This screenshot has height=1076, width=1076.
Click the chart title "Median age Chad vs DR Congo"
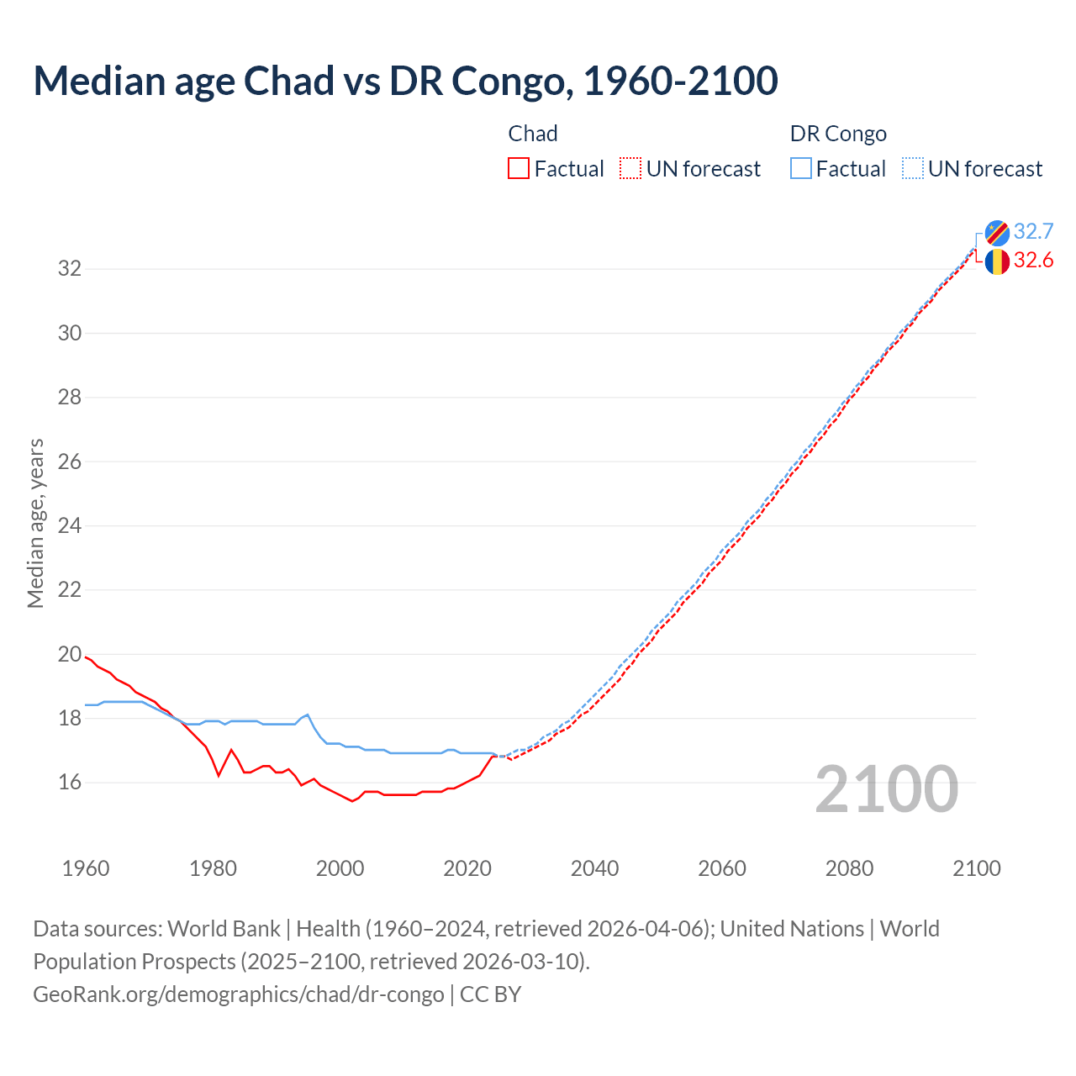(405, 81)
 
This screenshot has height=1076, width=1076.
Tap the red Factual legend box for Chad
(519, 169)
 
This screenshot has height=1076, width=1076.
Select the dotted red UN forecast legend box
(630, 169)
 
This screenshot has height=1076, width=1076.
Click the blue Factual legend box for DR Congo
(801, 169)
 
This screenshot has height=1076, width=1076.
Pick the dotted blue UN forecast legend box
(913, 169)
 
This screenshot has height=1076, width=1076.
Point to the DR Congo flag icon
(997, 232)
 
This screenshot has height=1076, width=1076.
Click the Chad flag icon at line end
(997, 261)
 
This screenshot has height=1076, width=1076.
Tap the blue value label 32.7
(1033, 232)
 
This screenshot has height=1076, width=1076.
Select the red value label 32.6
(1033, 261)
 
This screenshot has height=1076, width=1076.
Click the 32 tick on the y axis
(70, 269)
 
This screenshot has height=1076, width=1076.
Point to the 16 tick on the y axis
(70, 783)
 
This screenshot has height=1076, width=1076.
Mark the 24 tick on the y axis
(70, 526)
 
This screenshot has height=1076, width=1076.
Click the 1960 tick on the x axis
(86, 868)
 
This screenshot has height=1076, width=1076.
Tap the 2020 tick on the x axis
(467, 868)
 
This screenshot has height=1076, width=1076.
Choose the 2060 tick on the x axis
(722, 868)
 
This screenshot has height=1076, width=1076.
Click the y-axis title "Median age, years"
(35, 523)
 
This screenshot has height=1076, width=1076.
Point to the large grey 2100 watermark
(887, 789)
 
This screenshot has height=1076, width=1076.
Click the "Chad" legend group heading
(533, 134)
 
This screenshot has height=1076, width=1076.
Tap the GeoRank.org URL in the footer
(239, 994)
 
